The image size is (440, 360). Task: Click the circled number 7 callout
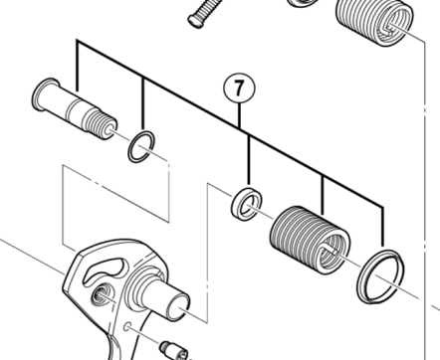tap(239, 89)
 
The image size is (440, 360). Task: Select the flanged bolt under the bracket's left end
tap(75, 108)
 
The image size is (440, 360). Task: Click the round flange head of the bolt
tap(45, 94)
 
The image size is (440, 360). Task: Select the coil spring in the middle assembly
tap(309, 240)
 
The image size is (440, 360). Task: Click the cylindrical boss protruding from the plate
tap(159, 291)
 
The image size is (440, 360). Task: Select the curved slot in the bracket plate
tap(105, 271)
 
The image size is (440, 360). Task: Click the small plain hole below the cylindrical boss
tap(126, 327)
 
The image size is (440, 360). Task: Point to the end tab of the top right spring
tap(391, 28)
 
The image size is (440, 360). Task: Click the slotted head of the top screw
tap(194, 21)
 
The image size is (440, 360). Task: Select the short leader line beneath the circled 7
tap(240, 115)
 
